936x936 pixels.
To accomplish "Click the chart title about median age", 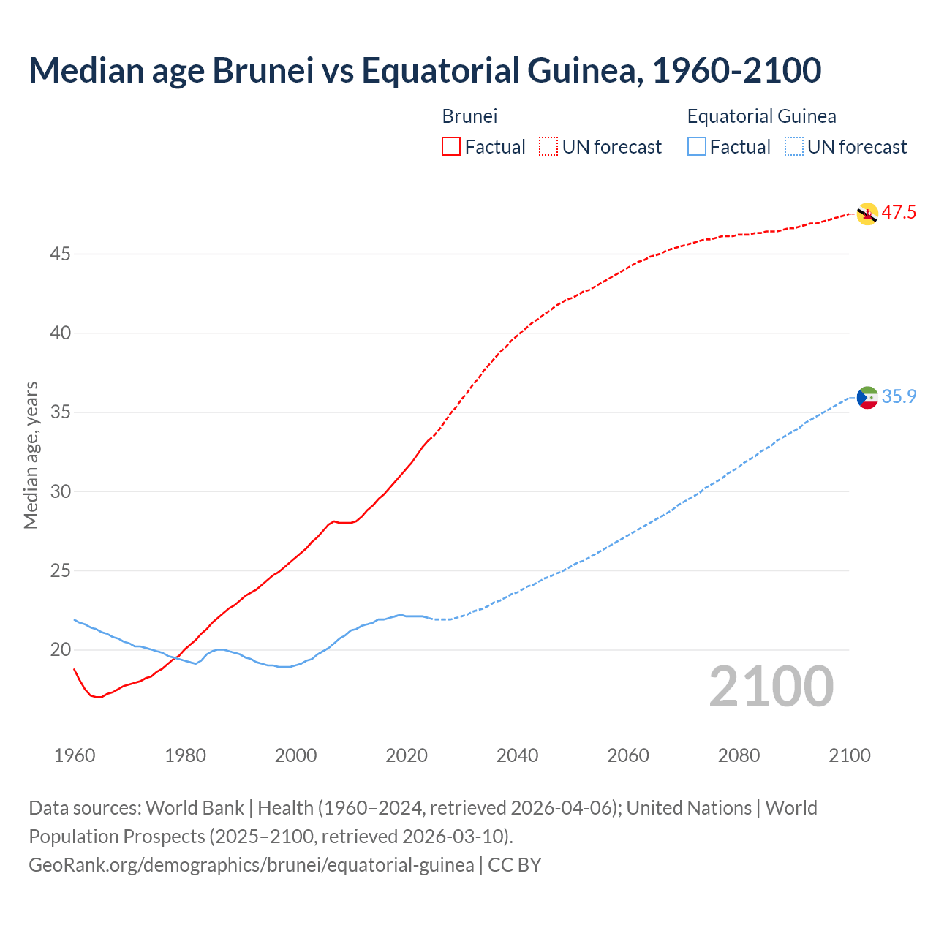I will [425, 70].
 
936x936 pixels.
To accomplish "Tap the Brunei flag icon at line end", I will [867, 214].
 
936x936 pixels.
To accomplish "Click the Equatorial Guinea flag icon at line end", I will [867, 397].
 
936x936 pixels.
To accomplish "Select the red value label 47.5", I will [899, 213].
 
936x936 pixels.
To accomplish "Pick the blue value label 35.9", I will [899, 396].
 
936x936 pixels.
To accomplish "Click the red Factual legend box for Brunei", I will [451, 147].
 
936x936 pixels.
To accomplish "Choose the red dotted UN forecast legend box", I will [548, 147].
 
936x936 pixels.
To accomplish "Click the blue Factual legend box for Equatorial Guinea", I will [697, 147].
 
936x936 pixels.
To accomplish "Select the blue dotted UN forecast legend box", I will [793, 147].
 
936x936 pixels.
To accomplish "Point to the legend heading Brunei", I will [469, 116].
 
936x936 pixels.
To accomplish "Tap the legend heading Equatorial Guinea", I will [761, 116].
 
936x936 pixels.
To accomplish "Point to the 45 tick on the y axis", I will [61, 254].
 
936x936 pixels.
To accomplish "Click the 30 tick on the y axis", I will [61, 491].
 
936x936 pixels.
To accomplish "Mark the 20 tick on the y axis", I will [61, 649].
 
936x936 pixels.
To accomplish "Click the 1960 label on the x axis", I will [75, 755].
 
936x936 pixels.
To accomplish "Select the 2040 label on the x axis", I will [517, 755].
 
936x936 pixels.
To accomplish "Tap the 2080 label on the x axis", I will [739, 755].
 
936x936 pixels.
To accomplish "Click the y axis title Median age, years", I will [31, 455].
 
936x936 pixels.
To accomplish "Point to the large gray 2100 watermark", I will [771, 687].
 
